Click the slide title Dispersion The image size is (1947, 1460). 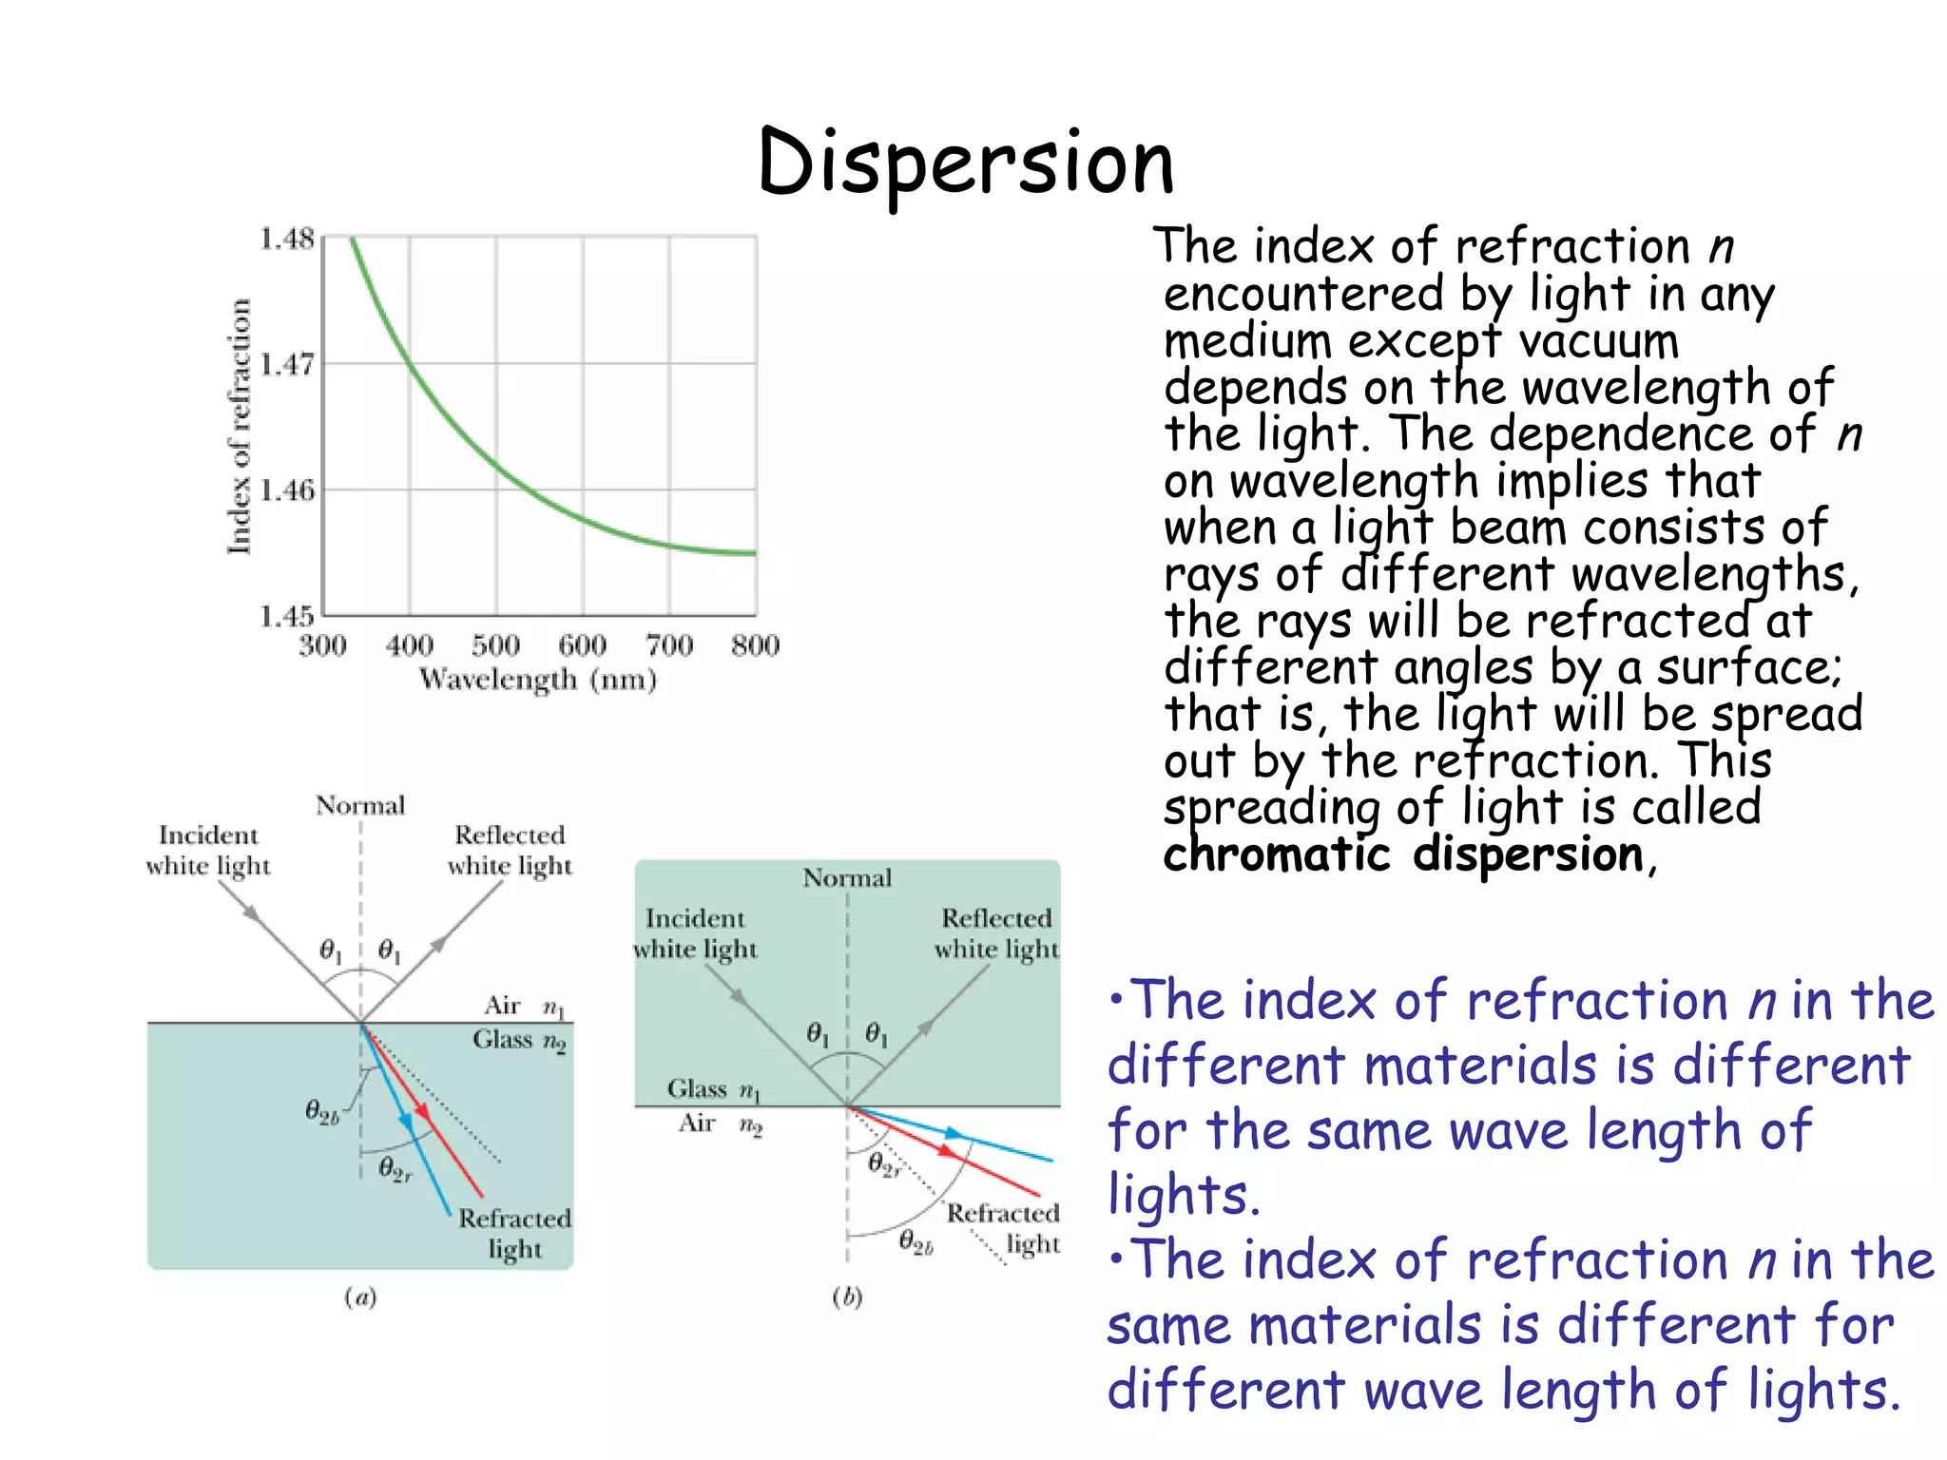click(x=966, y=163)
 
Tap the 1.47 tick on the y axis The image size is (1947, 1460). click(x=286, y=364)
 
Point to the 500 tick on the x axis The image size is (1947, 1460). click(x=495, y=646)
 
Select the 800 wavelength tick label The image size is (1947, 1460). click(x=756, y=646)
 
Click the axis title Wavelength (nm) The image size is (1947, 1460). click(x=538, y=680)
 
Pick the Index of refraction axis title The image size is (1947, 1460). click(x=240, y=426)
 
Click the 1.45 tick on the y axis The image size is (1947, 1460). click(x=286, y=616)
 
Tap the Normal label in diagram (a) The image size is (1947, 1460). click(x=360, y=806)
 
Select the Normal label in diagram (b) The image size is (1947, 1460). click(x=847, y=877)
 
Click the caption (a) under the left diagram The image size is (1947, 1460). click(x=360, y=1297)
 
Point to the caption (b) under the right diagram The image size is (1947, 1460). click(x=847, y=1297)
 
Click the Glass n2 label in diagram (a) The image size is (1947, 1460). click(x=519, y=1041)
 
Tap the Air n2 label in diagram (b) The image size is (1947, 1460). click(x=720, y=1124)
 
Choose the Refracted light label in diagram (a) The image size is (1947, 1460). click(x=514, y=1234)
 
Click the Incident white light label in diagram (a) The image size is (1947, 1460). click(x=208, y=851)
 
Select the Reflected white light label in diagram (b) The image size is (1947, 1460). click(x=995, y=933)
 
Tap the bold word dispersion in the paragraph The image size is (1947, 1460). click(x=1528, y=854)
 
